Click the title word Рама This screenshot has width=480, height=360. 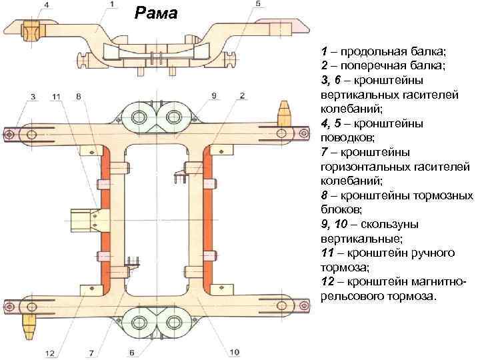point(156,12)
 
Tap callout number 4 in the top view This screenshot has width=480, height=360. point(46,6)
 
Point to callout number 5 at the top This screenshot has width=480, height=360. point(258,5)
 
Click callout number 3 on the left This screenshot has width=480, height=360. point(32,97)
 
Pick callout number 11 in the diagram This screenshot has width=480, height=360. point(56,97)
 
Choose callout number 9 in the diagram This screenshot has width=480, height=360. point(214,97)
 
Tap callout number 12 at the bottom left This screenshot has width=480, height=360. point(49,352)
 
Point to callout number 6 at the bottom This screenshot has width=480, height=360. point(132,352)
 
